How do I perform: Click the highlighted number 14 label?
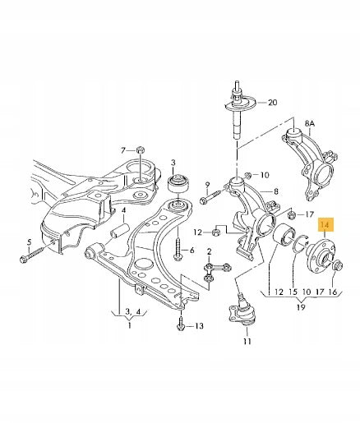tap(325, 225)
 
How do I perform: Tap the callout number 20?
tap(272, 103)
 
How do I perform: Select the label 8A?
tap(310, 124)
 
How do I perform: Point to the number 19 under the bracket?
tap(301, 307)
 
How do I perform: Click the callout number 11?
tap(247, 341)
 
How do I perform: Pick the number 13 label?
tap(199, 326)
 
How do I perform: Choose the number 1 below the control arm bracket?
tap(130, 325)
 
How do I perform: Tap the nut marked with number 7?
tap(141, 149)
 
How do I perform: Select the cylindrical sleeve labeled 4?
tap(119, 231)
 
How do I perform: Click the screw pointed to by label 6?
tap(178, 249)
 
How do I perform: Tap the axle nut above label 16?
tap(336, 265)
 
